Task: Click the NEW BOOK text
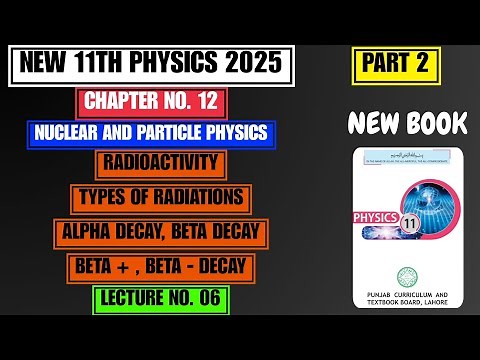408,123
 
